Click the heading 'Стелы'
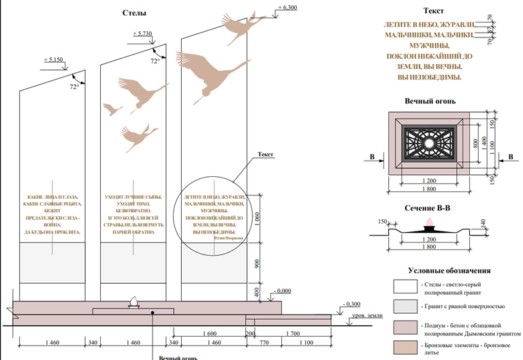coord(133,13)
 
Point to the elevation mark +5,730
coord(144,33)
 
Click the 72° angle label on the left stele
coord(74,87)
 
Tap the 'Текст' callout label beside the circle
coord(265,154)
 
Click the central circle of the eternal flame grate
coord(429,144)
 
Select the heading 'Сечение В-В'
coord(428,208)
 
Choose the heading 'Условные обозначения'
coord(449,270)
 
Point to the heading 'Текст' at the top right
coord(433,11)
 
